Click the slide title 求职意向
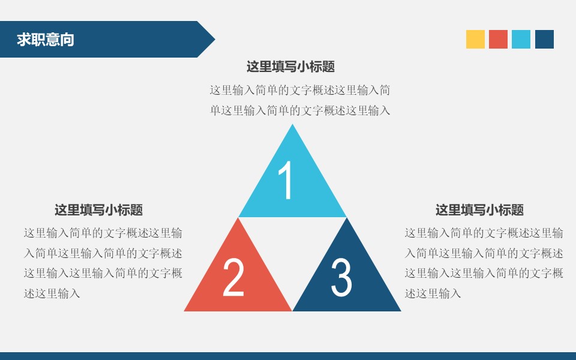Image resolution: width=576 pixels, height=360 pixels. [x=46, y=40]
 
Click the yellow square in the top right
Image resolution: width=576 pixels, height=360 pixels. [x=475, y=39]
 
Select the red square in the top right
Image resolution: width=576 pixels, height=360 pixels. [x=498, y=39]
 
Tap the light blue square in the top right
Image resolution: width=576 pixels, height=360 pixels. [x=521, y=39]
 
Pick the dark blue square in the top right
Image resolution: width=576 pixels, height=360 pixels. [x=544, y=39]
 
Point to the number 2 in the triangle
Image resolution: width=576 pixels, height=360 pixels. [x=233, y=277]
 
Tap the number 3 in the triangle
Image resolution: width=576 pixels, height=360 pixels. [x=341, y=277]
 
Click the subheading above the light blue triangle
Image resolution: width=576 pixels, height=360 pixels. [x=290, y=67]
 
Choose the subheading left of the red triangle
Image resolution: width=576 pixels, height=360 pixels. [x=98, y=210]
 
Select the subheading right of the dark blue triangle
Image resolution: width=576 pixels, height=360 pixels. [x=479, y=210]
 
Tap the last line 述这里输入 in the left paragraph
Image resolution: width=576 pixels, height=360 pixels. [x=52, y=293]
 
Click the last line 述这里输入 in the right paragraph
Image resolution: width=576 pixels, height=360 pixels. [x=433, y=293]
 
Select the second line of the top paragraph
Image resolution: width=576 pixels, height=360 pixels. [x=300, y=110]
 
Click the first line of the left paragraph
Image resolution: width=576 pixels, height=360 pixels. [x=103, y=233]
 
